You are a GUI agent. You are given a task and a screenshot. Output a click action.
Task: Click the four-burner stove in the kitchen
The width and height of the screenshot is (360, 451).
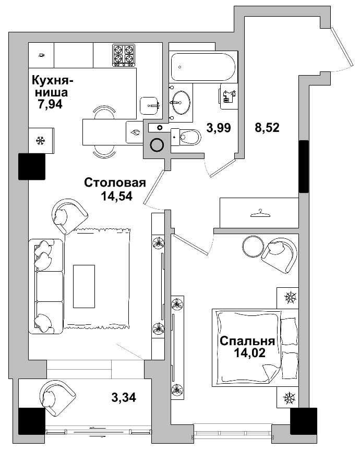(x=124, y=55)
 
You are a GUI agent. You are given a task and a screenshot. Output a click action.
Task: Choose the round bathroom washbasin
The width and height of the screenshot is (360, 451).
(x=182, y=102)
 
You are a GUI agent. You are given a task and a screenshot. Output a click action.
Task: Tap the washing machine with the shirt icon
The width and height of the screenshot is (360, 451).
(x=228, y=96)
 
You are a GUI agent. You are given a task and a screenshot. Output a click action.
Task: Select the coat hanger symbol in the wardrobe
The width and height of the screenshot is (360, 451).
(x=258, y=213)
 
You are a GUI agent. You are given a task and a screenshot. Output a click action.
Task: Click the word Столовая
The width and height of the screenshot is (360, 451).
(x=114, y=183)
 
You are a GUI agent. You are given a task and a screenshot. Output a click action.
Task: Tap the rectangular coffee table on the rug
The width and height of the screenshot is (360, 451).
(x=84, y=286)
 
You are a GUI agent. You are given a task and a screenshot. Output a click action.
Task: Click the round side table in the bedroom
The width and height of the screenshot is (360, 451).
(x=253, y=247)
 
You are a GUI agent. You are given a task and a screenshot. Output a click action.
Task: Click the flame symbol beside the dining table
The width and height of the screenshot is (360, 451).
(x=136, y=132)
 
